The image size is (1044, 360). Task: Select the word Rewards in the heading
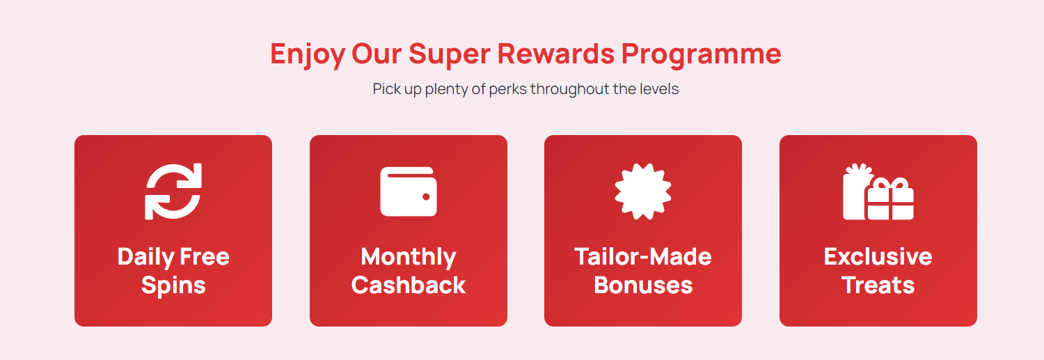point(556,54)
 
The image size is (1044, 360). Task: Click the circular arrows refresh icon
point(173,191)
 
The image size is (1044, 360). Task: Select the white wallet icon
point(409,191)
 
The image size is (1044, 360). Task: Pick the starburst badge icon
point(643,191)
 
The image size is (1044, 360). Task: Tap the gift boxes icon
point(878,191)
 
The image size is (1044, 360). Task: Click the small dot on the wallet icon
point(426,197)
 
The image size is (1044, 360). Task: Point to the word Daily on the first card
point(146,258)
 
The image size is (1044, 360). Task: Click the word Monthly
point(409,258)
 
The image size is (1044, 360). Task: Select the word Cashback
point(409,285)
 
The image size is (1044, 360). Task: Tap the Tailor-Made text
point(643,256)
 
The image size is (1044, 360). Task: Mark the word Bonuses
point(643,285)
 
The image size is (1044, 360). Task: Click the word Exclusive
point(878,256)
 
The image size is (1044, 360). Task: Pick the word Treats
point(878,285)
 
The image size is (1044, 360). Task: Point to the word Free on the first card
point(205,256)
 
